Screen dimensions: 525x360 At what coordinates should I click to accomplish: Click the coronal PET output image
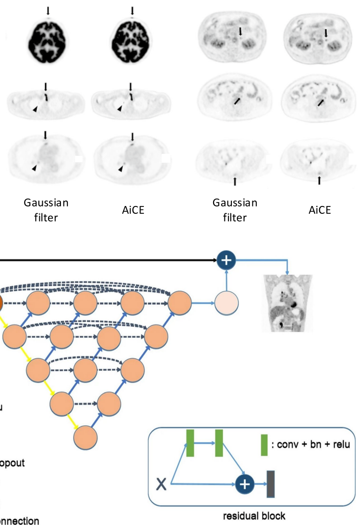[x=287, y=303]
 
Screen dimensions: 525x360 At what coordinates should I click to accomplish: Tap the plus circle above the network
[x=226, y=260]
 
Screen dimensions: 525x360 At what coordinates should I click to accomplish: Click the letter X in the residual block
[x=161, y=485]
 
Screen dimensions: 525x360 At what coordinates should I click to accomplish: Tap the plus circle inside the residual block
[x=245, y=485]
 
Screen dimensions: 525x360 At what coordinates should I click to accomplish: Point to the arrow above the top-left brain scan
[x=48, y=10]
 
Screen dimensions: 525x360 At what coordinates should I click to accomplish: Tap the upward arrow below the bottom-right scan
[x=319, y=180]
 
